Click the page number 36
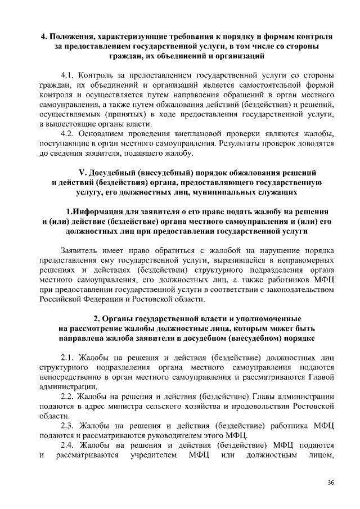[331, 483]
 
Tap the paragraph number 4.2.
[68, 133]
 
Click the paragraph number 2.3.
[68, 426]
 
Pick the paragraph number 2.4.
[68, 445]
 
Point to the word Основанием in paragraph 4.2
[103, 133]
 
